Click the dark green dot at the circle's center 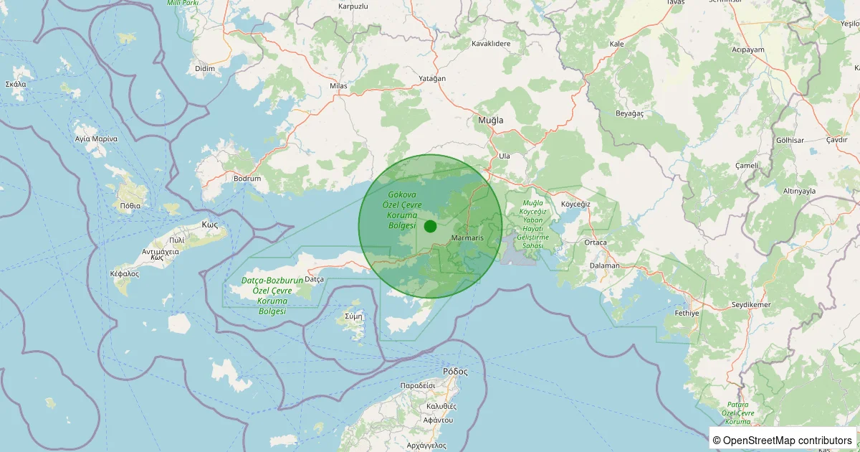[x=430, y=226]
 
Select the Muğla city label [x=491, y=121]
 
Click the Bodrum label [x=247, y=178]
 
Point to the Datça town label [x=315, y=278]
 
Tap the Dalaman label [x=603, y=265]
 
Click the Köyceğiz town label [x=575, y=204]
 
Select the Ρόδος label [x=455, y=372]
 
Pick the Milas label [x=338, y=86]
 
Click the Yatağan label [x=432, y=78]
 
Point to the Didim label [x=205, y=68]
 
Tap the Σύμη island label [x=354, y=316]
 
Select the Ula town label [x=504, y=156]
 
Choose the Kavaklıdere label [x=490, y=44]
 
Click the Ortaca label [x=596, y=243]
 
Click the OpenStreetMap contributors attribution [x=783, y=440]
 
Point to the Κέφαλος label [x=124, y=274]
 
